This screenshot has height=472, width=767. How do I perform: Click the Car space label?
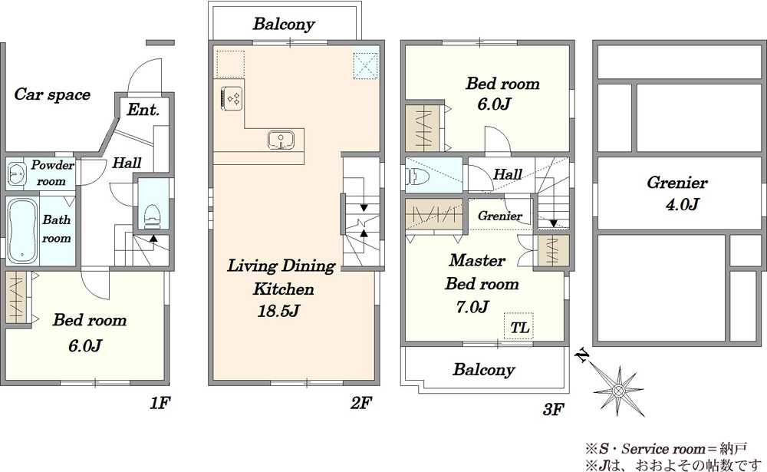click(x=52, y=94)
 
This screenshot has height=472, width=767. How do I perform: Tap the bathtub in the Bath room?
click(x=22, y=231)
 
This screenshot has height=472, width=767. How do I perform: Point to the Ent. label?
click(x=143, y=110)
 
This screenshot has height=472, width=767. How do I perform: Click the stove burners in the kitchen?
click(x=232, y=97)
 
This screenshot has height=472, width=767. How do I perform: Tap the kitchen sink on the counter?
click(x=281, y=140)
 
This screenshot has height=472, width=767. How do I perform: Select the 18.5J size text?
click(x=278, y=311)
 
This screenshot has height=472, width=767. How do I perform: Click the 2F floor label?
click(x=361, y=403)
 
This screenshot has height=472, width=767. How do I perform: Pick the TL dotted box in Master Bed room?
click(x=518, y=326)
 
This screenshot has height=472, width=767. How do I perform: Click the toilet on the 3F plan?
click(x=417, y=176)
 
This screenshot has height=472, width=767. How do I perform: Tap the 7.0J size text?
click(x=472, y=307)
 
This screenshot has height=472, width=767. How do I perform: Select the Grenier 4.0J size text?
click(x=682, y=203)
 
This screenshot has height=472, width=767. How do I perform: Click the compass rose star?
click(x=618, y=391)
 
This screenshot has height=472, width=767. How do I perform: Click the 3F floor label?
click(x=554, y=409)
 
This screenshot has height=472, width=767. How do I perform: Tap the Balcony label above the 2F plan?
click(x=284, y=24)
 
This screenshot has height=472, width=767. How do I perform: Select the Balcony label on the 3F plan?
click(x=484, y=370)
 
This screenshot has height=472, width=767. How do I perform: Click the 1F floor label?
click(x=160, y=403)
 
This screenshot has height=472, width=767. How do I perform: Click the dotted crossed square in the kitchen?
click(x=366, y=64)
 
